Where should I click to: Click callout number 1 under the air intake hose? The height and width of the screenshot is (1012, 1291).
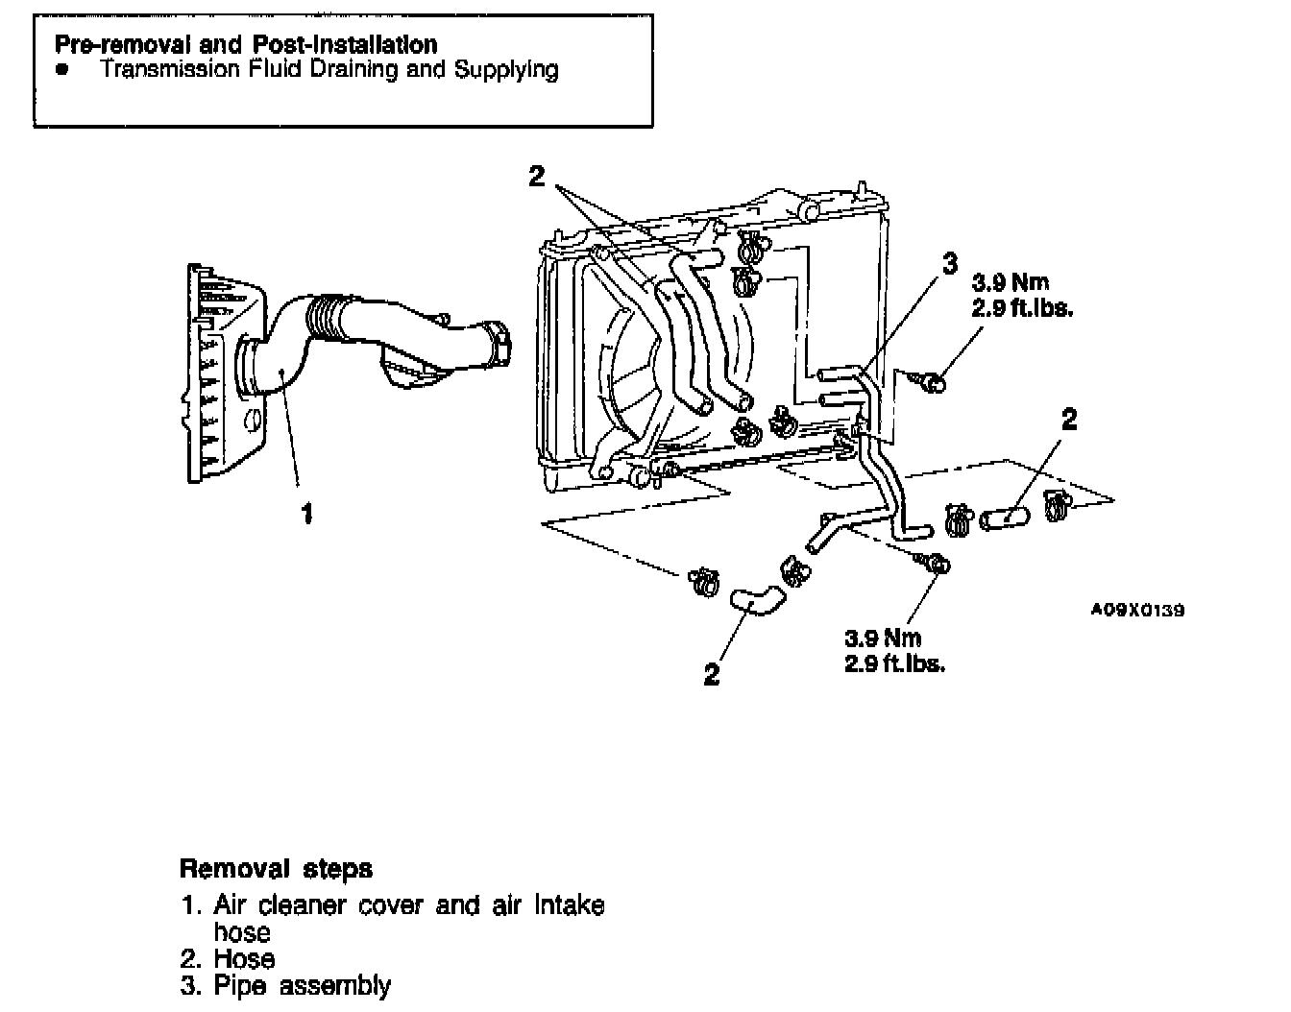coord(307,515)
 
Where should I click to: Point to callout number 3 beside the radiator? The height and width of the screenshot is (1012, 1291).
coord(950,262)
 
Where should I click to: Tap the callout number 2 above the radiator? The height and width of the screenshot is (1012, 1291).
coord(537,176)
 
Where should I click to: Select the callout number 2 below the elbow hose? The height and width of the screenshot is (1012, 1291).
coord(711,675)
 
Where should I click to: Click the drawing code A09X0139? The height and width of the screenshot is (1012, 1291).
coord(1137,610)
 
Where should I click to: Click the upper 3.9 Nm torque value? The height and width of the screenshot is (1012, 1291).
coord(1011,282)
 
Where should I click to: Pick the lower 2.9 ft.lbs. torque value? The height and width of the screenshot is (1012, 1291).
coord(894,663)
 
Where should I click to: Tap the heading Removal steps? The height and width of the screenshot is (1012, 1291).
coord(277,869)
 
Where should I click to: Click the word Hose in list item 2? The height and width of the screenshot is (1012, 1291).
coord(244,958)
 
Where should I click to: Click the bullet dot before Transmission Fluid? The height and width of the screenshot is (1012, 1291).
coord(62,70)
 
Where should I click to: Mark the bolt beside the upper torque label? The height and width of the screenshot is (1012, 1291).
coord(931,383)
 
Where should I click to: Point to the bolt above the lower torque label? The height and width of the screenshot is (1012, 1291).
coord(936,565)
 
